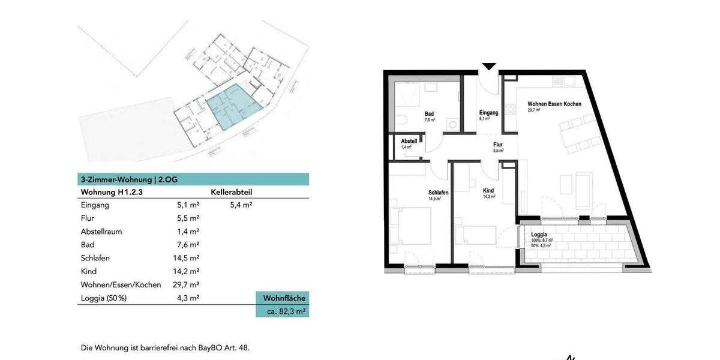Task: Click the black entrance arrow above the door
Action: click(x=489, y=67)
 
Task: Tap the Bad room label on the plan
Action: click(x=429, y=113)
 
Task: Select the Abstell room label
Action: click(x=409, y=141)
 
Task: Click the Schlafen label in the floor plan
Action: click(x=438, y=193)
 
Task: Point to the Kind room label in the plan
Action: click(x=488, y=190)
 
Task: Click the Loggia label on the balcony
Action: click(x=539, y=235)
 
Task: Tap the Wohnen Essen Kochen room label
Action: click(x=554, y=104)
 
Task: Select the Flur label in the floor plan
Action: click(x=497, y=145)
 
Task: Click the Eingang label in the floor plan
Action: click(x=488, y=112)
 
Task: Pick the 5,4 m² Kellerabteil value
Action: click(x=241, y=205)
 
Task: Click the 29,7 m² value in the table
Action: click(x=186, y=284)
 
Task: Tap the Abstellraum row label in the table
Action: click(x=103, y=232)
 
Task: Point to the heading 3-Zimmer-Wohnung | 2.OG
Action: click(x=129, y=179)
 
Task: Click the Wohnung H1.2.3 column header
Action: click(x=111, y=193)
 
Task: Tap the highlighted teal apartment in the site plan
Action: click(x=231, y=108)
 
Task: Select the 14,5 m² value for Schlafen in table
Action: click(x=186, y=258)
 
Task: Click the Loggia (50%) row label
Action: click(x=104, y=298)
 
